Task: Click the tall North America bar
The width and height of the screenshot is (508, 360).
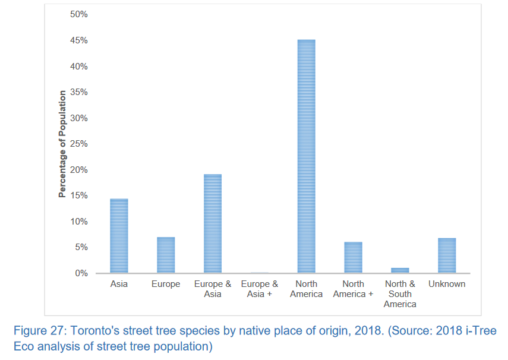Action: click(x=306, y=156)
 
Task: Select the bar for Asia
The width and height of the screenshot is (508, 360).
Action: click(x=119, y=236)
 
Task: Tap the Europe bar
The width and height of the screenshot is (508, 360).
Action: click(x=166, y=255)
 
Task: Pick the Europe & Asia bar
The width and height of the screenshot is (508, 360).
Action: click(x=213, y=223)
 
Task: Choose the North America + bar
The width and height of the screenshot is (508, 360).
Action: click(x=353, y=257)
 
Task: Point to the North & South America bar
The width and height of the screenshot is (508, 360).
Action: click(x=400, y=270)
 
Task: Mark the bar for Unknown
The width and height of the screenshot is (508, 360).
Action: click(x=447, y=255)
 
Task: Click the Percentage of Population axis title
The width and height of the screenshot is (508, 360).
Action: click(x=62, y=144)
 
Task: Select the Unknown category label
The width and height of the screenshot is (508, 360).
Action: click(x=447, y=284)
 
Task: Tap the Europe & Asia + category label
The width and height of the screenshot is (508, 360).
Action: click(x=260, y=289)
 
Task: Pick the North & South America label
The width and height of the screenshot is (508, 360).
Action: click(x=400, y=294)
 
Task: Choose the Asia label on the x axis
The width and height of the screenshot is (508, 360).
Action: click(x=119, y=284)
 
